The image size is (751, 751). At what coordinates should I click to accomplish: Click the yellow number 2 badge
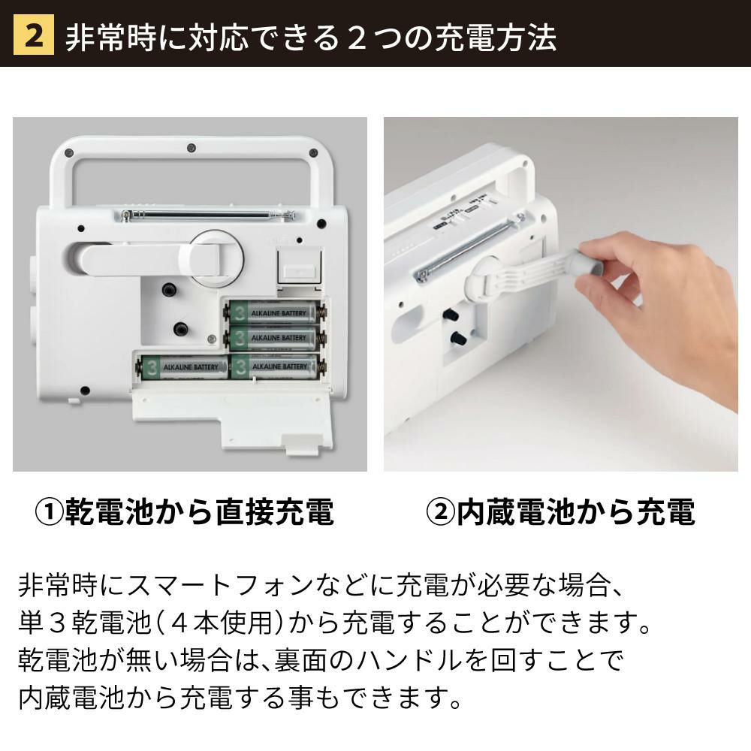[34, 35]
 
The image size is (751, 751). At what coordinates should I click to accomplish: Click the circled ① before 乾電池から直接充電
[50, 512]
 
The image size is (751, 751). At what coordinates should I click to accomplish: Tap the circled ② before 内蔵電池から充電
[440, 512]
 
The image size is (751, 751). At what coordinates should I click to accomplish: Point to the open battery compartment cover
[231, 416]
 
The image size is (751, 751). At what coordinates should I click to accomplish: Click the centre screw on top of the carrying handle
[191, 147]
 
